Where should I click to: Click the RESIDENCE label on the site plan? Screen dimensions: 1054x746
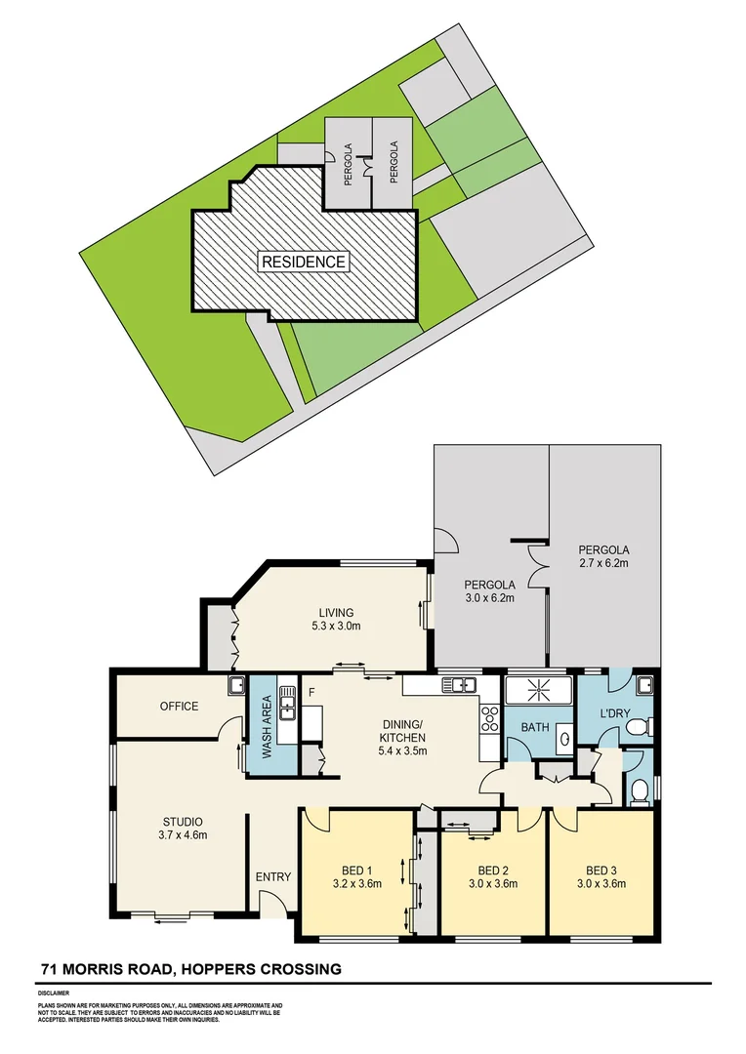point(304,262)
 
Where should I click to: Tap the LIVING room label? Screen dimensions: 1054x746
point(333,612)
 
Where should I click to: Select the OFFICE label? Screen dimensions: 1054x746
point(179,707)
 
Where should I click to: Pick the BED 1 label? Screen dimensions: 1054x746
point(355,870)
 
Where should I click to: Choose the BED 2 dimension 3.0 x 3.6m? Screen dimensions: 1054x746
point(490,884)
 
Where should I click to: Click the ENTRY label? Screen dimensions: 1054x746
point(273,876)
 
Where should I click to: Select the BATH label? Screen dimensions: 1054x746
point(535,727)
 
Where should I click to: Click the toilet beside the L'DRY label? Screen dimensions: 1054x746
point(639,725)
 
